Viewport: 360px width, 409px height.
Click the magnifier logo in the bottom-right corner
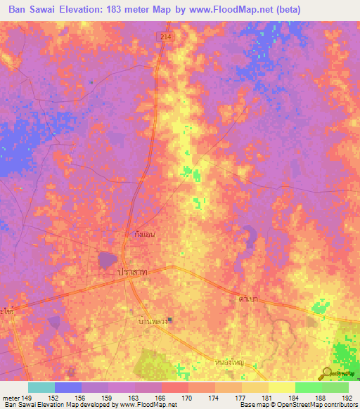(x=327, y=373)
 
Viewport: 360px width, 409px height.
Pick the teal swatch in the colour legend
(x=41, y=387)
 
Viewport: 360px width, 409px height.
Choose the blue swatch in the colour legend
(x=68, y=387)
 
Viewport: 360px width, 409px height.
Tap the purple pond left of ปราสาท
(x=107, y=261)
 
